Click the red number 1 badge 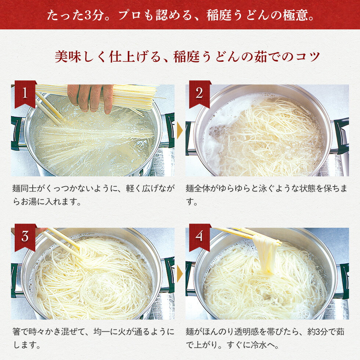(25, 93)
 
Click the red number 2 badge (199, 93)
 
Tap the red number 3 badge (25, 237)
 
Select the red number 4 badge (199, 237)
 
